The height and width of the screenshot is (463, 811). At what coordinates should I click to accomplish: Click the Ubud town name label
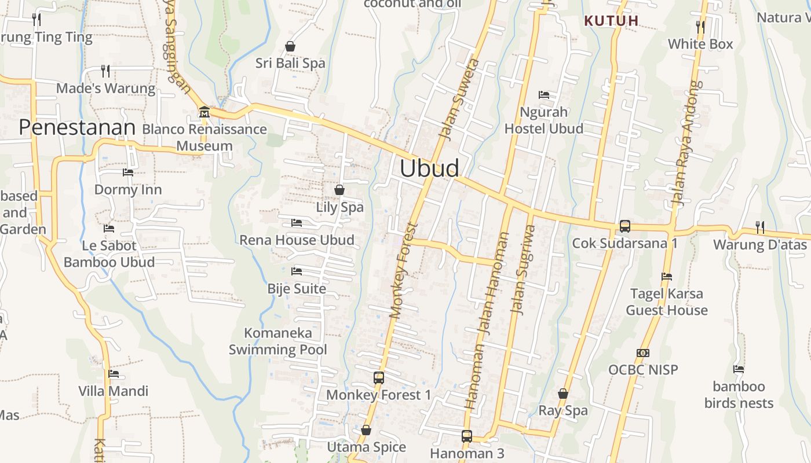[429, 168]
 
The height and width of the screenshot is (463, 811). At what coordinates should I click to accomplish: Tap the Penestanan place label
[77, 127]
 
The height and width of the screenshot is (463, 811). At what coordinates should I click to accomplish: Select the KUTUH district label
[611, 21]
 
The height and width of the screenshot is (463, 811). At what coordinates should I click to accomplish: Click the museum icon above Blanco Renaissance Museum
[204, 112]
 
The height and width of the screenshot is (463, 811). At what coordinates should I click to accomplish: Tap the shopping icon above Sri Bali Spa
[290, 46]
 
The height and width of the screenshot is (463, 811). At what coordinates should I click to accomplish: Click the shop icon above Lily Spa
[339, 190]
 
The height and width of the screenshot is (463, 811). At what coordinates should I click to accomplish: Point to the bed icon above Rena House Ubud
[297, 223]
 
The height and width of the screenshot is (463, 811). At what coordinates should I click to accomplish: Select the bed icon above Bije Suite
[297, 271]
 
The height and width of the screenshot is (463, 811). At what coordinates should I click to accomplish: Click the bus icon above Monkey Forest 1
[379, 378]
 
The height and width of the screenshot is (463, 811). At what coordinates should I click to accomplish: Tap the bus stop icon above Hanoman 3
[467, 436]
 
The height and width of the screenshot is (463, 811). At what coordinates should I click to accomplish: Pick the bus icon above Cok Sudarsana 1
[624, 226]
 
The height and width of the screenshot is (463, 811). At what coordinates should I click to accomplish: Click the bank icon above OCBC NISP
[642, 353]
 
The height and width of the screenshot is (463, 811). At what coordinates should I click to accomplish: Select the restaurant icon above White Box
[700, 27]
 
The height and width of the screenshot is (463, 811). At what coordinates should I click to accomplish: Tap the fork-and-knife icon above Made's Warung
[105, 71]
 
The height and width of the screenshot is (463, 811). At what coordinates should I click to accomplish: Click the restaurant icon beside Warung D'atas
[759, 227]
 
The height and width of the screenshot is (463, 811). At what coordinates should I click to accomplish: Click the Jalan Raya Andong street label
[686, 142]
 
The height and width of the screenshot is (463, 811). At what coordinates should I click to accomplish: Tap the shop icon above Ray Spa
[562, 394]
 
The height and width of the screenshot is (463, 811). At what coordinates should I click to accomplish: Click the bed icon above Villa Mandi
[114, 374]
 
